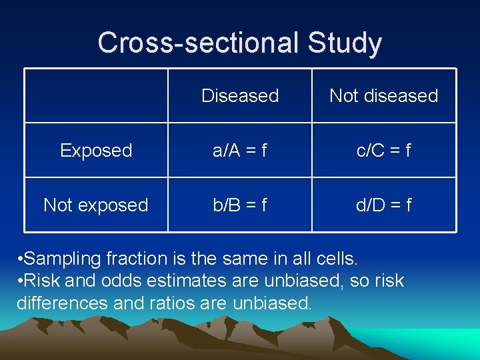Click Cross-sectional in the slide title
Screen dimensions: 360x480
[x=198, y=43]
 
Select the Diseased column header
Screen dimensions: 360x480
[x=240, y=96]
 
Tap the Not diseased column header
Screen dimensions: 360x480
[x=383, y=96]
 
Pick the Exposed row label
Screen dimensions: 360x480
[x=96, y=151]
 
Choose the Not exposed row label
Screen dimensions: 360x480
[x=96, y=205]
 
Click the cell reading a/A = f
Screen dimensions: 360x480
[x=240, y=151]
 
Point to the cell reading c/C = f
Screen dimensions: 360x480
[x=383, y=151]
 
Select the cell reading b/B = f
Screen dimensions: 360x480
[x=240, y=205]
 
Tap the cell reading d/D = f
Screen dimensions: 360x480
[x=383, y=205]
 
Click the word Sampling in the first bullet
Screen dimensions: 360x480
[x=63, y=257]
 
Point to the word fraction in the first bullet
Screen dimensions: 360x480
[x=135, y=257]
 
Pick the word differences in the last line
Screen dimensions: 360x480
[x=56, y=303]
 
